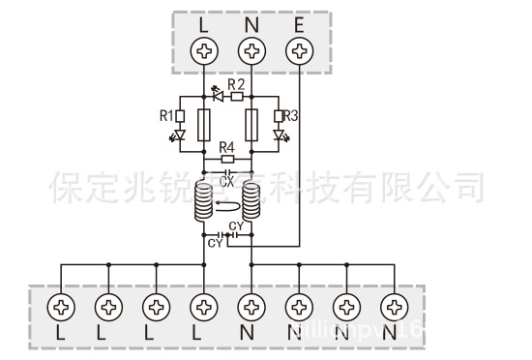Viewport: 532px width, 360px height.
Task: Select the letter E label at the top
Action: [x=299, y=22]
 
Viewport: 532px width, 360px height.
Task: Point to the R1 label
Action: [x=165, y=116]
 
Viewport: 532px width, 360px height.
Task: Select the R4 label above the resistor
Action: [x=226, y=146]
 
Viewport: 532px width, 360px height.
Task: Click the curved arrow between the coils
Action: [x=228, y=205]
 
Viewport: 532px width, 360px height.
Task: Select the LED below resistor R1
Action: [x=178, y=136]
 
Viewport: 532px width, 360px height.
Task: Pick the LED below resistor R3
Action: [x=279, y=136]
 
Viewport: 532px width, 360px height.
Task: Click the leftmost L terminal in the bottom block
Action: [x=62, y=308]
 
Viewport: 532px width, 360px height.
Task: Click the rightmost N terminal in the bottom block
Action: [x=392, y=308]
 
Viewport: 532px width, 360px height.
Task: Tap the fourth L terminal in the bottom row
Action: [x=204, y=308]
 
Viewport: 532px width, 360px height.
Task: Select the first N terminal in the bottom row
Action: [x=251, y=308]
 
